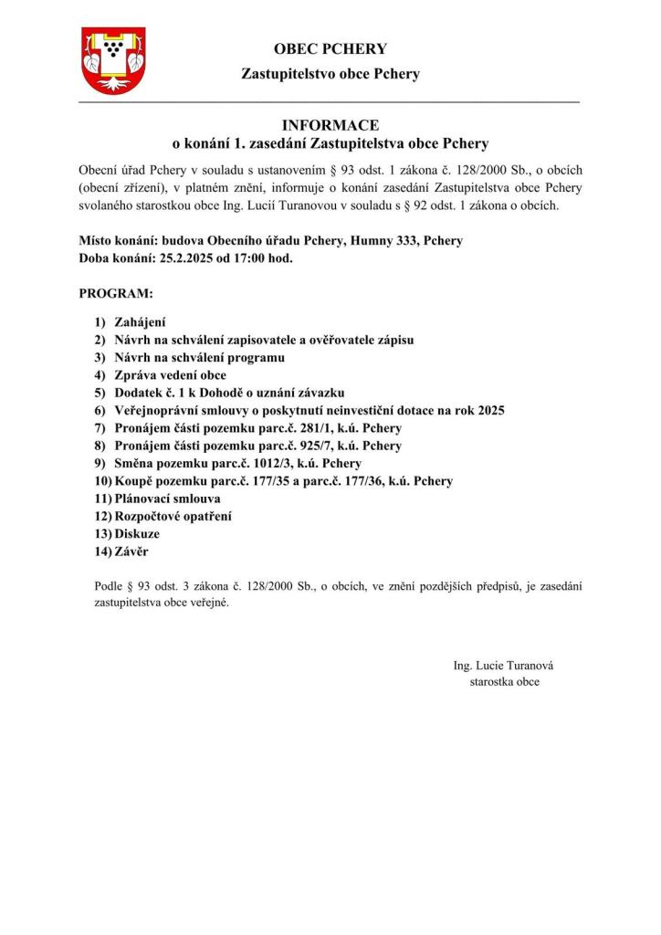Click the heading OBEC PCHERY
tap(330, 49)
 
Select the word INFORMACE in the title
tap(330, 125)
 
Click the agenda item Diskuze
tap(137, 533)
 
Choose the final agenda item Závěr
tap(132, 552)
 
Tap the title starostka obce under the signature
tap(504, 682)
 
